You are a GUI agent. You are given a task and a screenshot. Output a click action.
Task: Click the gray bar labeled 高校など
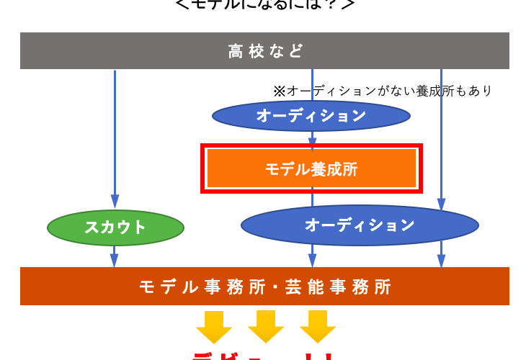tap(264, 50)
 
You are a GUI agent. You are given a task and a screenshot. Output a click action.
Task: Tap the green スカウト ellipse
tap(115, 228)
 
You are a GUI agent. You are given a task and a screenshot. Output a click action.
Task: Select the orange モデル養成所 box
tap(311, 169)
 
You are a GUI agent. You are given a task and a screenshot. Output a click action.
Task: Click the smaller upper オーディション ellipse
tap(311, 115)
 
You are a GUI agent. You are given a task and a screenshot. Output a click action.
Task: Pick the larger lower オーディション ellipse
tap(360, 225)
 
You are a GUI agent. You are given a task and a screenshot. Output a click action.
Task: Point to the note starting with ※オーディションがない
tap(382, 91)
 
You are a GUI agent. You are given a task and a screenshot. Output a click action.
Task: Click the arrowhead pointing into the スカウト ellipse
tap(115, 202)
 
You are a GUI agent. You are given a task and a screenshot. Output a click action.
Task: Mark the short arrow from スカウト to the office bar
tap(115, 256)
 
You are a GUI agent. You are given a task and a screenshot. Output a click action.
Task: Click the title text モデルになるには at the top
tap(265, 4)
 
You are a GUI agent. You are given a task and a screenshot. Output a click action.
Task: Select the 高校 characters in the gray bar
tap(246, 51)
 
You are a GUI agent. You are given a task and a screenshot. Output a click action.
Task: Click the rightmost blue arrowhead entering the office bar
tap(442, 261)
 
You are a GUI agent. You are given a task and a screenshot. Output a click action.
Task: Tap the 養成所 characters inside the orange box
tap(334, 169)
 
